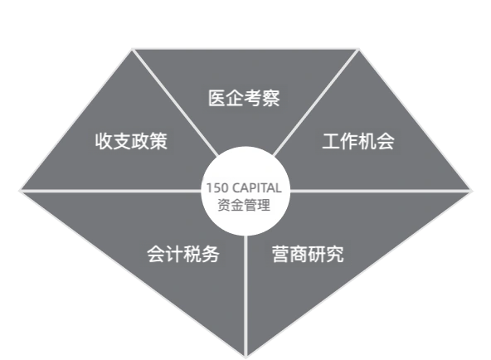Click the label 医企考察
pos(244,98)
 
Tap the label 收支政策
pos(131,141)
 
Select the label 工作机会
pos(358,141)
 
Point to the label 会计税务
pos(183,254)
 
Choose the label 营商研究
pos(308,254)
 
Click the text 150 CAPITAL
pos(244,188)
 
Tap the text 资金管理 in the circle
pos(244,206)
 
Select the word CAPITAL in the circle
pos(257,188)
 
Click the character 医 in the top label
pos(217,98)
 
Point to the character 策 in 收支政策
pos(158,141)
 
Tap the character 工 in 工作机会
pos(331,141)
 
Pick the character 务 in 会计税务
pos(210,254)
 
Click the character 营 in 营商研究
pos(281,254)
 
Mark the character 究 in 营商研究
pos(335,254)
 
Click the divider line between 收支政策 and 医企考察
pos(175,102)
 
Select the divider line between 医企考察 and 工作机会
pos(316,102)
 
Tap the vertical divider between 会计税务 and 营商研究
pos(245,296)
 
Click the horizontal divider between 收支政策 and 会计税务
pos(110,191)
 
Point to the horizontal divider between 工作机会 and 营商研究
pos(381,191)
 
